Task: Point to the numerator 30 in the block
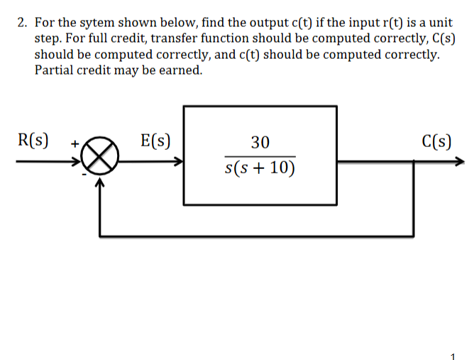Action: (x=260, y=143)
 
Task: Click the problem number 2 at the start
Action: (x=21, y=23)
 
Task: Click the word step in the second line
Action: (x=48, y=38)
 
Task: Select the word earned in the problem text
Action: (x=178, y=70)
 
